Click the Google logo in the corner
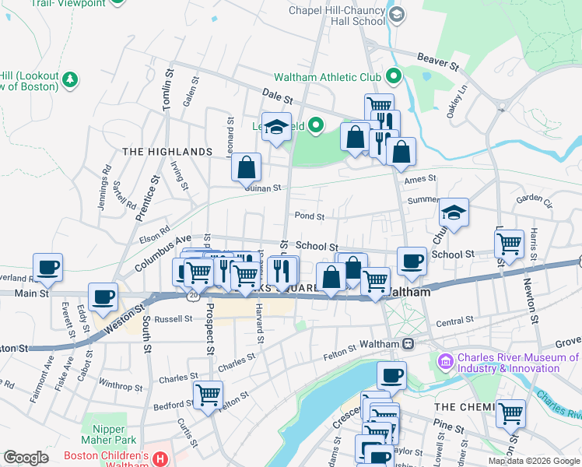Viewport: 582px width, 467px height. pos(26,458)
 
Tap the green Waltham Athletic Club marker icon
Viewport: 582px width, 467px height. pos(393,77)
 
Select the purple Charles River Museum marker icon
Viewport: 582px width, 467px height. pos(446,361)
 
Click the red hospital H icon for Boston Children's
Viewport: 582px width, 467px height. pos(160,459)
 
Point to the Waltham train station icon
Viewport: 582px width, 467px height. pos(407,343)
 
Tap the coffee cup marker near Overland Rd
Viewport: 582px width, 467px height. pos(47,266)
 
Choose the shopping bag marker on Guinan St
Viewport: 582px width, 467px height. pos(246,166)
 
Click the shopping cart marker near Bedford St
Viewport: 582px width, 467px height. pos(208,394)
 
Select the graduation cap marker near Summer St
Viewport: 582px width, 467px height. pos(454,211)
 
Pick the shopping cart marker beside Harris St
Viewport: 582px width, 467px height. pos(509,242)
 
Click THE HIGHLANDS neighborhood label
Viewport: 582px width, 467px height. pos(167,152)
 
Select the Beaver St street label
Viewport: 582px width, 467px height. pos(434,58)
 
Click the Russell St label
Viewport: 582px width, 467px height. pos(173,319)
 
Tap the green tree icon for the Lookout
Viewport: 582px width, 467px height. pos(70,79)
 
